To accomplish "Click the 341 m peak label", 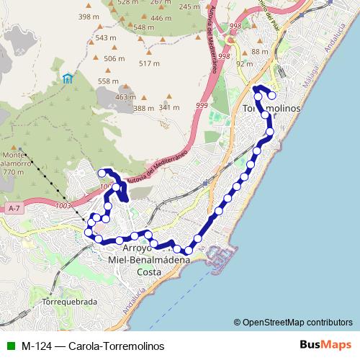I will (168, 107).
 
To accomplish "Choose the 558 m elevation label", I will (107, 81).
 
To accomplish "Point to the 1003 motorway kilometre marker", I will (63, 206).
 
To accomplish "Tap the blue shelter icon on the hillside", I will (67, 78).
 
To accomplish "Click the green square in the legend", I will (9, 346).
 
